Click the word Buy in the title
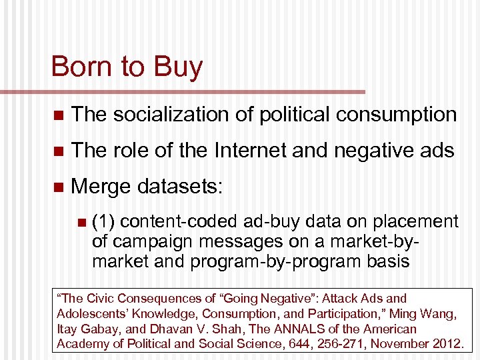tap(178, 67)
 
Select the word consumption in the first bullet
tap(396, 114)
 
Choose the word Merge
tap(101, 187)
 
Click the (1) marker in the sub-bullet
tap(103, 221)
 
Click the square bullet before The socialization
tap(57, 115)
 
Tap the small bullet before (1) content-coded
tap(81, 222)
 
